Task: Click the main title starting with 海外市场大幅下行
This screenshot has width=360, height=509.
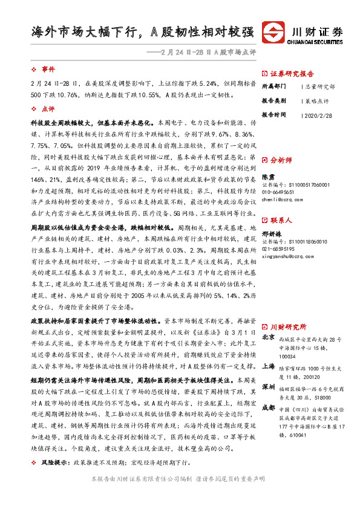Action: pos(143,32)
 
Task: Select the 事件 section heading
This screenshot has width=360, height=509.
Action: pos(48,69)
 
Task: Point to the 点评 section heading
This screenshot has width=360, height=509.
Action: pos(48,109)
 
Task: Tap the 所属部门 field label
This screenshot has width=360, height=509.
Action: pos(273,86)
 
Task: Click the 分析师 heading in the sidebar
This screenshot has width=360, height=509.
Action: pos(281,161)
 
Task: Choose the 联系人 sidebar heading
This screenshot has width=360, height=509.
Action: pos(281,221)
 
